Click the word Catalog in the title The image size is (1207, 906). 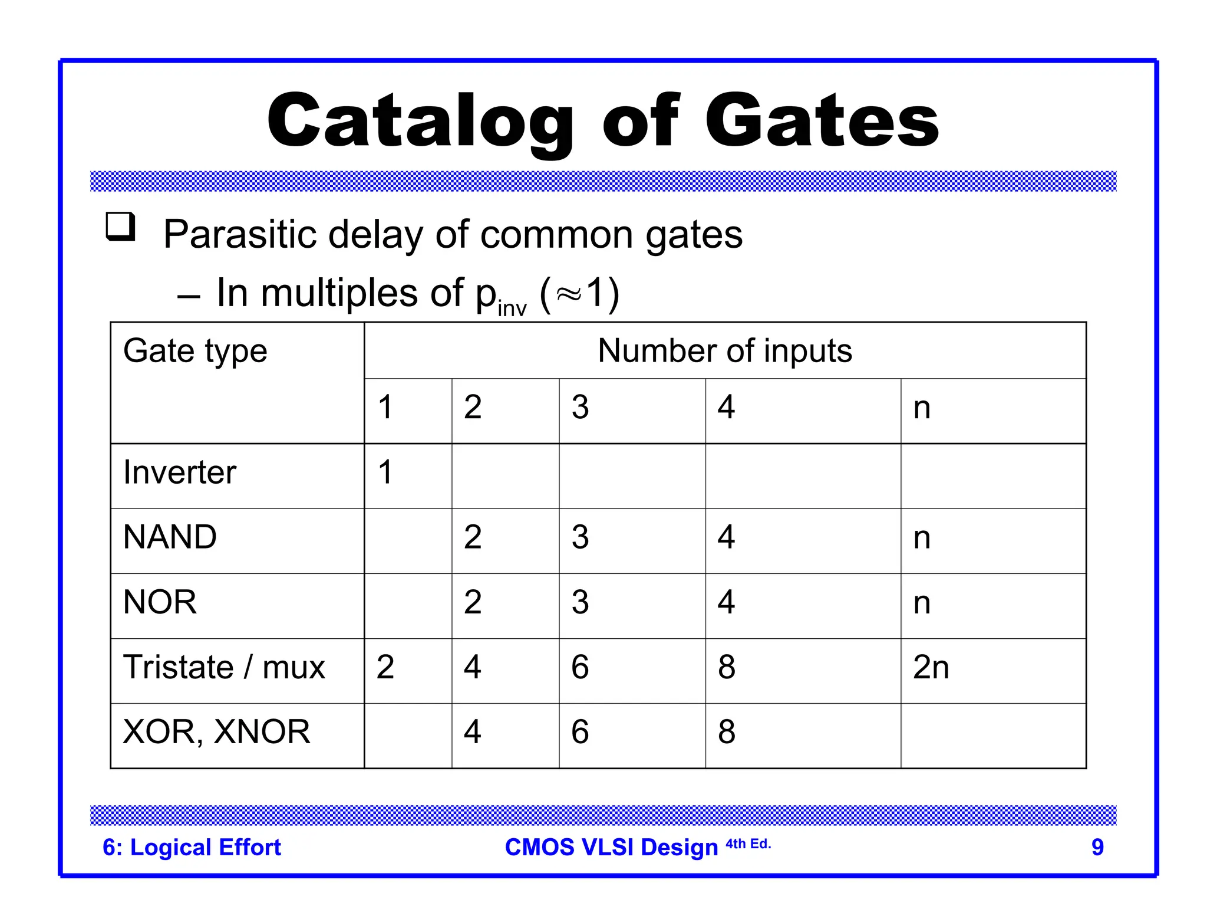(420, 123)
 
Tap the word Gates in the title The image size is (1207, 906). (822, 123)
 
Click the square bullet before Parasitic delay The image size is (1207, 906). (120, 227)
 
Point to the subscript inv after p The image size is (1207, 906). (512, 308)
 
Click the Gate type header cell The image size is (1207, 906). (195, 351)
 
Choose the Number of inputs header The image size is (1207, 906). (724, 351)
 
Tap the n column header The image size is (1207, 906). (922, 408)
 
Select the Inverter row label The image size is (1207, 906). (180, 472)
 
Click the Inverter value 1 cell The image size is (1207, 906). (385, 472)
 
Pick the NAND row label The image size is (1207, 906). (170, 537)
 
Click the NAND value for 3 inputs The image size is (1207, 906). (580, 537)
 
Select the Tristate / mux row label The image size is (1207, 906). (224, 667)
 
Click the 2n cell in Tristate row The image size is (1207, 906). (931, 667)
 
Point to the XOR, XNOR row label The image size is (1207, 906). (216, 732)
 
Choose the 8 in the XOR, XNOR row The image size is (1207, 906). (726, 732)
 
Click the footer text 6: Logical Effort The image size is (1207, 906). (192, 847)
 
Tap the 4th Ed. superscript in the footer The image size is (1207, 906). (748, 844)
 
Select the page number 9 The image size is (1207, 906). (1097, 847)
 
